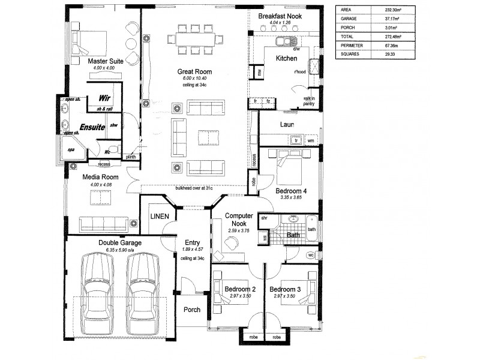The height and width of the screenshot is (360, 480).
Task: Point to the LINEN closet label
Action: [160, 215]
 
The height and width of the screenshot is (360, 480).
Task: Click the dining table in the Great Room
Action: [194, 41]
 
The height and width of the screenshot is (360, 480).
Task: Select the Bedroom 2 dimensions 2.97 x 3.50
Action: [240, 296]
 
